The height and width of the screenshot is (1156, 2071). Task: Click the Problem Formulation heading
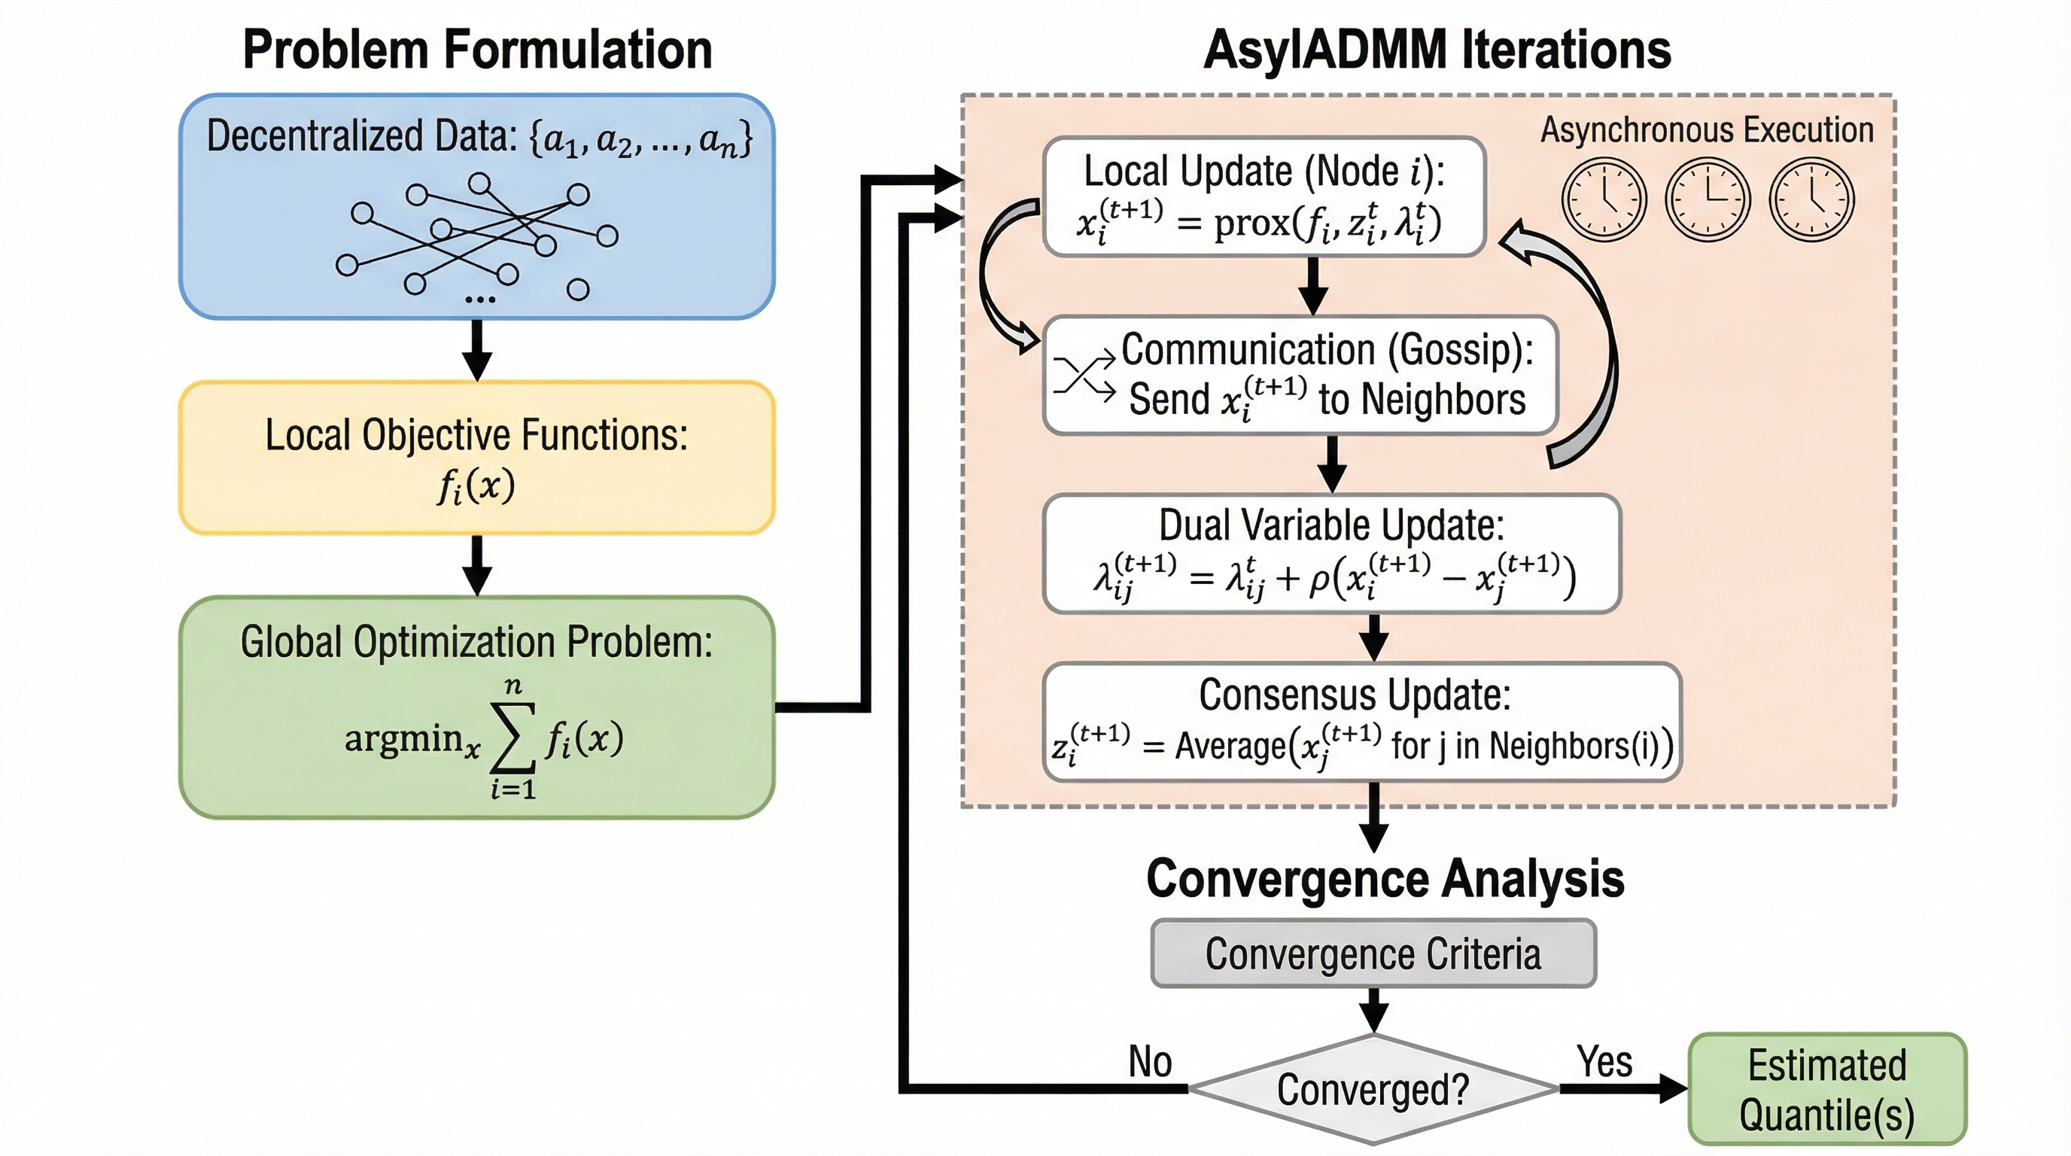pos(478,50)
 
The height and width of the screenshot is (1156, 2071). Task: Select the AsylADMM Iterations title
pos(1437,50)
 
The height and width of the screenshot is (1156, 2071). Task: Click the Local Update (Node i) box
pos(1264,197)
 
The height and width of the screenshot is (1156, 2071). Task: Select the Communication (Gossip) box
pos(1300,376)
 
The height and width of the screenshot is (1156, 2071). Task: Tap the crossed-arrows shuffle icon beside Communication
pos(1084,375)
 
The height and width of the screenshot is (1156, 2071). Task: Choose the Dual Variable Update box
pos(1331,554)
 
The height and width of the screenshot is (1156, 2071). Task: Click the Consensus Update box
pos(1362,722)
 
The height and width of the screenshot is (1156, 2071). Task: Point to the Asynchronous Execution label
pos(1706,130)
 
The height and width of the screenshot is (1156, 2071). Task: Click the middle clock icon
pos(1708,199)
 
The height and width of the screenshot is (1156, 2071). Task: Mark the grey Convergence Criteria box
pos(1373,954)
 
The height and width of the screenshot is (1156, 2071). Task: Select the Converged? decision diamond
pos(1373,1089)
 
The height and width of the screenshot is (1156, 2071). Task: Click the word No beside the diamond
pos(1150,1061)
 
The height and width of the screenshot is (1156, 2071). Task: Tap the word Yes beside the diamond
pos(1604,1061)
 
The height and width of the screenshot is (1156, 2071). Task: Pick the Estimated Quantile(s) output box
pos(1826,1089)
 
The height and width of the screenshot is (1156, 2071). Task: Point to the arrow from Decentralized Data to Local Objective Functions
pos(477,350)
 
